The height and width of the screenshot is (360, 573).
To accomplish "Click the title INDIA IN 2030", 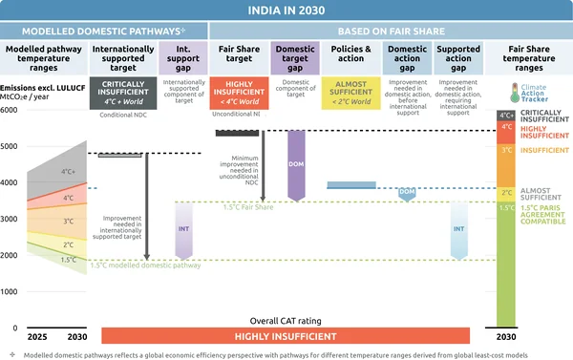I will click(286, 11).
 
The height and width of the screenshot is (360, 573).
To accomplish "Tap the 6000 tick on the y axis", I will click(10, 111).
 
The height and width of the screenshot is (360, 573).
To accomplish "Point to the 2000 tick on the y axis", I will click(10, 256).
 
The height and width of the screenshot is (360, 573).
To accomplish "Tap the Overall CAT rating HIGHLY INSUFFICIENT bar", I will click(286, 336).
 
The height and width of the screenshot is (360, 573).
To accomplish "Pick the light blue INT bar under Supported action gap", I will click(459, 230).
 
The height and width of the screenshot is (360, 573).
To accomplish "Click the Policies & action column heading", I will click(351, 53).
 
